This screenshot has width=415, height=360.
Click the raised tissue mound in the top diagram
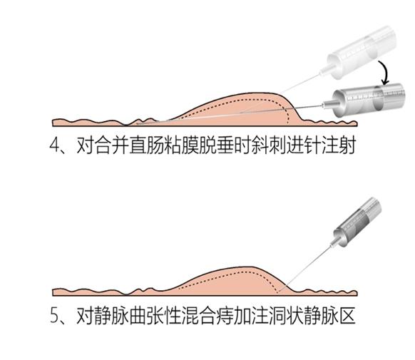235,108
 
